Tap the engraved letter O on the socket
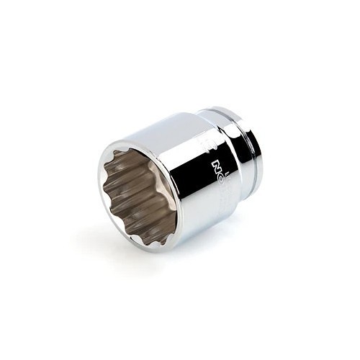(x=218, y=177)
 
